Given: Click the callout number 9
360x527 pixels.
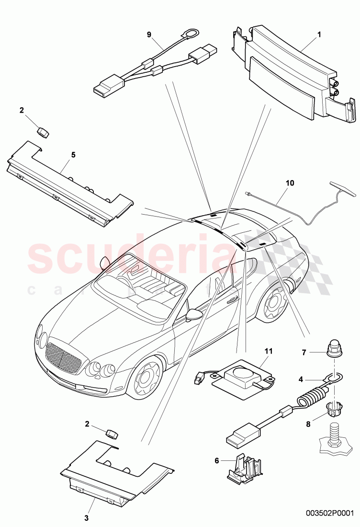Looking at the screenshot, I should [x=148, y=34].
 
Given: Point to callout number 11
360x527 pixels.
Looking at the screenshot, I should [x=269, y=351].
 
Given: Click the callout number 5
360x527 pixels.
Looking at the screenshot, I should [x=73, y=155].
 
